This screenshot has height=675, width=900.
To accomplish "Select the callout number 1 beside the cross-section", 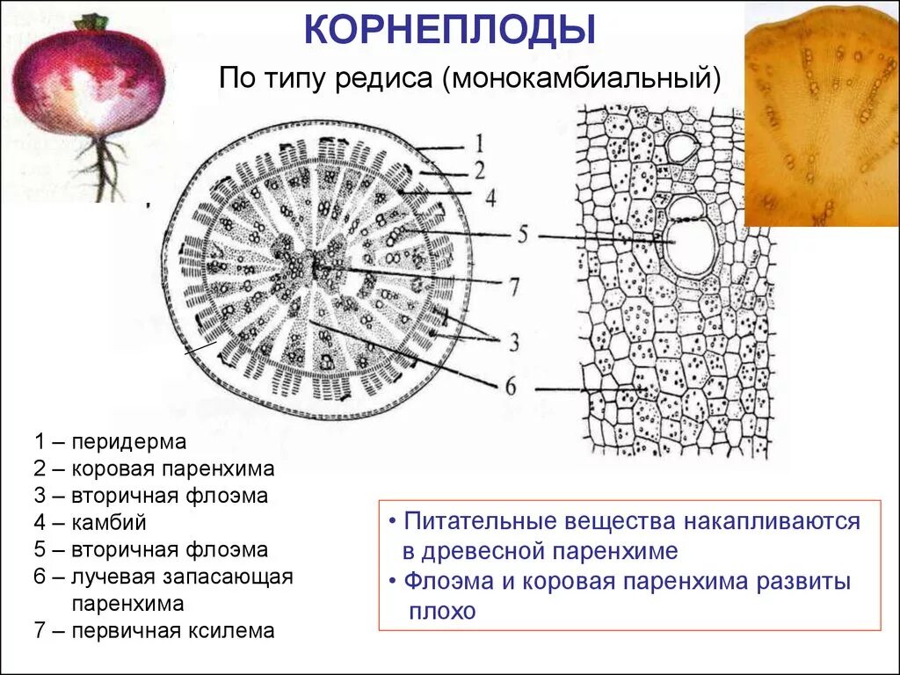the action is point(480,143).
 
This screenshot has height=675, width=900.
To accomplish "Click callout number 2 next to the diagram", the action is point(480,170).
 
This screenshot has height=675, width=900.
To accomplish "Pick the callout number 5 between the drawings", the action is point(521,236).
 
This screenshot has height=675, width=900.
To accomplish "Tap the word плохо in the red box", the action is point(441,611).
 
